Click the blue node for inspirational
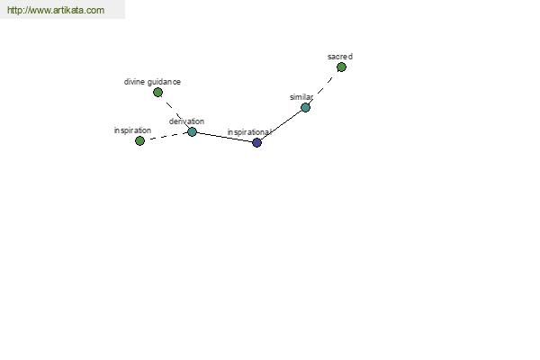point(256,142)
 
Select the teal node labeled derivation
point(193,131)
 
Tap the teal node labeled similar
point(305,107)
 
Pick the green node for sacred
point(341,67)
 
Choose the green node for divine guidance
point(157,92)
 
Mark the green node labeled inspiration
point(139,140)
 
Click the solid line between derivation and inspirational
point(224,137)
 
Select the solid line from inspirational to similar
point(282,125)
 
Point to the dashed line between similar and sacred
point(323,87)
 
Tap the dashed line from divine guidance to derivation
point(175,112)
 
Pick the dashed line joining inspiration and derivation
point(166,136)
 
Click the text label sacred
point(340,57)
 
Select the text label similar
point(301,97)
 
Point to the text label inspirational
point(249,132)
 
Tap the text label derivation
point(186,121)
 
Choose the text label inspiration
point(132,130)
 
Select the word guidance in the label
point(164,82)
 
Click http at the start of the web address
point(14,10)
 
